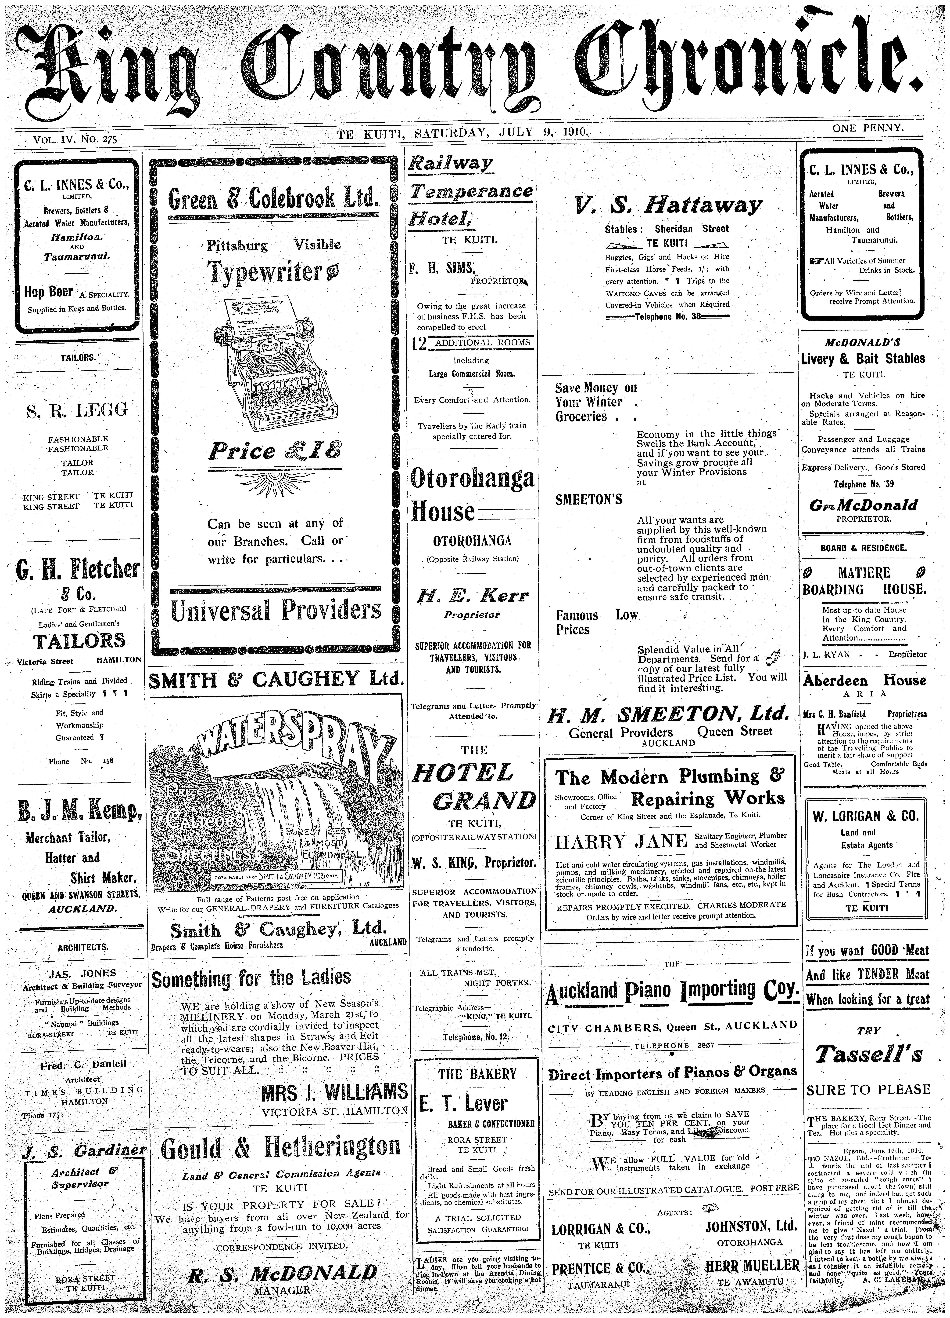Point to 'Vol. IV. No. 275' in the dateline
(x=75, y=139)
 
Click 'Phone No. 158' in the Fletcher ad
(x=81, y=761)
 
